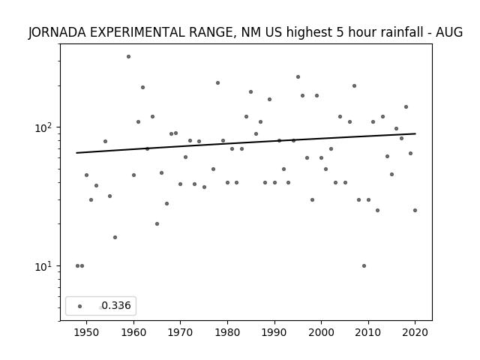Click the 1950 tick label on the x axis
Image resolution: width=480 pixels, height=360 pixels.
pos(86,332)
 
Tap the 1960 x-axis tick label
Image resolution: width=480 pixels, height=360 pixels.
pos(133,332)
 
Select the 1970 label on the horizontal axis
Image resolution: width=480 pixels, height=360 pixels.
pos(180,332)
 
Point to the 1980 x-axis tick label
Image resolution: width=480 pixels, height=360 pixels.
pos(227,332)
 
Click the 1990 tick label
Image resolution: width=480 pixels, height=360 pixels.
pos(274,332)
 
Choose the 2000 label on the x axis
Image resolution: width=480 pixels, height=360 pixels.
pos(321,332)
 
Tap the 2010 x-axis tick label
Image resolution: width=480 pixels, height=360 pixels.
pos(368,332)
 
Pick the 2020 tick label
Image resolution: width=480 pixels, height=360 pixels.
pos(415,332)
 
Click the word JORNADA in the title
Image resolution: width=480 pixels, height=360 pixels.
pos(57,32)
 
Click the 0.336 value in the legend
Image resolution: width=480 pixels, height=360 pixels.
pos(116,305)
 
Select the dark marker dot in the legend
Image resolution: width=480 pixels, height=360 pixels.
pos(80,306)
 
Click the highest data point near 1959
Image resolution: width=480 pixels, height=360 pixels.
pos(128,57)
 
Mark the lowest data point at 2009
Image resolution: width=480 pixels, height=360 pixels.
pos(364,265)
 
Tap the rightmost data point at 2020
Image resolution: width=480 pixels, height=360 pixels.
pos(415,210)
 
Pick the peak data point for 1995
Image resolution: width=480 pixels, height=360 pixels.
pos(298,76)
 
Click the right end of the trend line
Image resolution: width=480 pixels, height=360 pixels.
pos(415,133)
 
